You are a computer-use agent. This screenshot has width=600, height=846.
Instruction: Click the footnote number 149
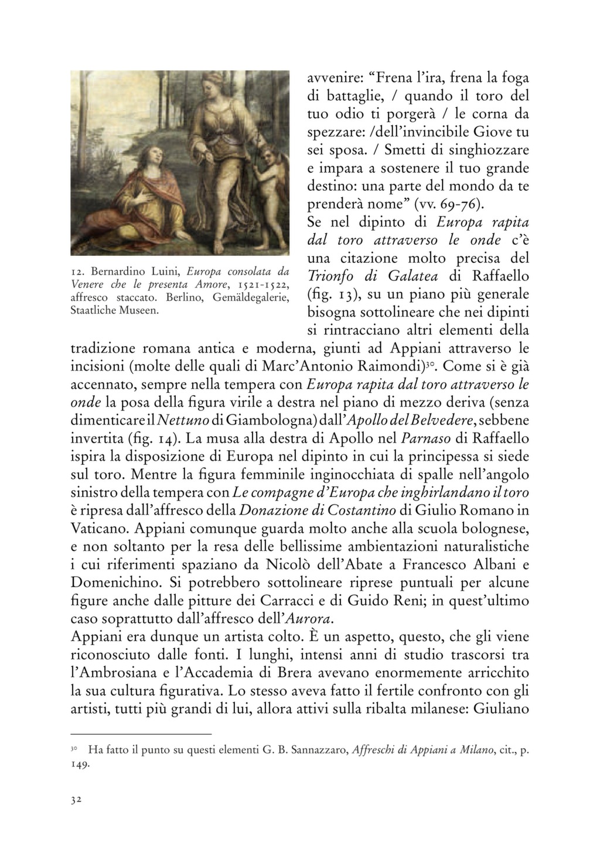click(79, 765)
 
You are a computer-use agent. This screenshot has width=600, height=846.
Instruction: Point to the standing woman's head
click(215, 85)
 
